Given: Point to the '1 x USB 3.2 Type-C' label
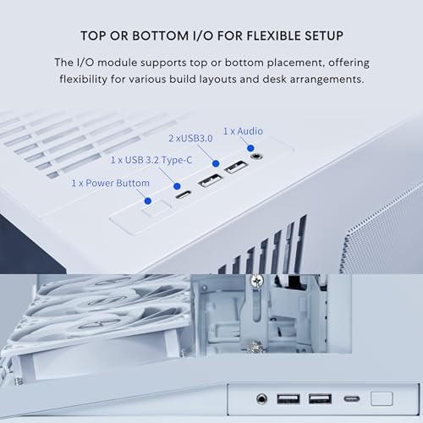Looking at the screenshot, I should [152, 159].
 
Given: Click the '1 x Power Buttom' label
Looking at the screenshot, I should [111, 183].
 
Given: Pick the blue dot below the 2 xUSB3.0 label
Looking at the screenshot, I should [216, 162].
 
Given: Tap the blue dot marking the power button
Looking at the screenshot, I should [149, 201].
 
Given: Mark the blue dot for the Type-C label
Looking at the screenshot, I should [176, 185].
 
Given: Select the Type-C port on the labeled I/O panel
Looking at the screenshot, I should [182, 195].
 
